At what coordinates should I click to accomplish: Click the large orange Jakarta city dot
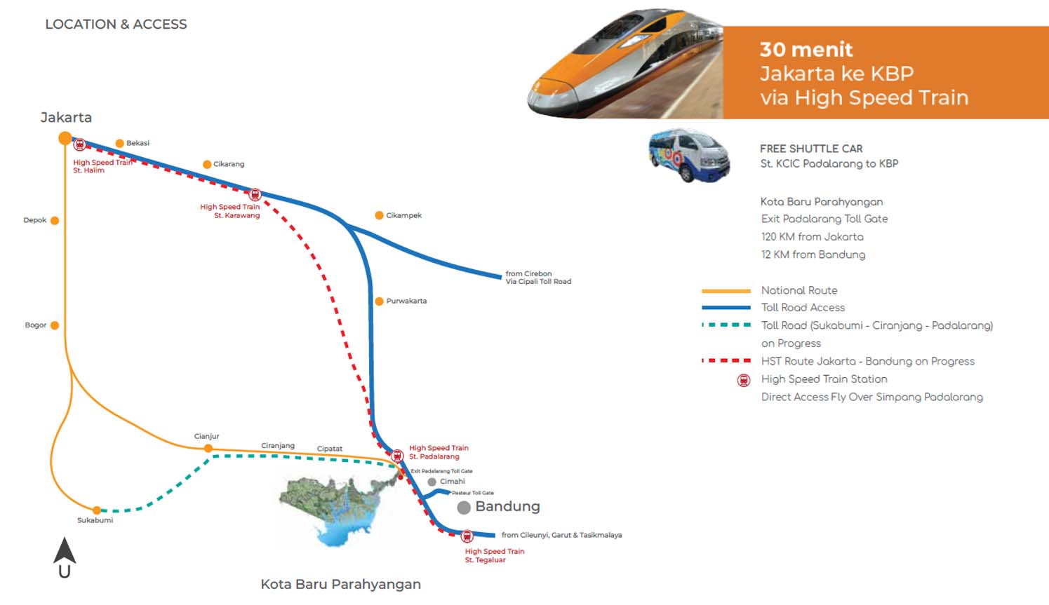coord(65,138)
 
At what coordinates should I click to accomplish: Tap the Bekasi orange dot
coord(119,143)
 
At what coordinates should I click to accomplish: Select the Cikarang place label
coord(229,164)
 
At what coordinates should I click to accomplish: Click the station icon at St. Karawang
coord(255,194)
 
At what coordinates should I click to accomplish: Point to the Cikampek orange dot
coord(379,215)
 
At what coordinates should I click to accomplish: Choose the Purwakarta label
coord(406,301)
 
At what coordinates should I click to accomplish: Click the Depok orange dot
coord(55,220)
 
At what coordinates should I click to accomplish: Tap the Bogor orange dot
coord(55,325)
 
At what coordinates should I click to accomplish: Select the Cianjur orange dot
coord(208,448)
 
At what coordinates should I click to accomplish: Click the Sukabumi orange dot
coord(97,510)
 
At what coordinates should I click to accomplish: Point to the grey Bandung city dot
coord(464,508)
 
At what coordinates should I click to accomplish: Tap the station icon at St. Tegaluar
coord(467,536)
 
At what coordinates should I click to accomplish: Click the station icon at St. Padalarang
coord(397,456)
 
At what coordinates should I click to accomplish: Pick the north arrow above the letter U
coord(65,550)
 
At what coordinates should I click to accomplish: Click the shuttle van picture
coord(688,155)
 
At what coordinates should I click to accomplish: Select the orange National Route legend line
coord(726,290)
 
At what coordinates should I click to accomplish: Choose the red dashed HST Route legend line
coord(726,361)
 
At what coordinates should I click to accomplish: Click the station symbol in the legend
coord(744,380)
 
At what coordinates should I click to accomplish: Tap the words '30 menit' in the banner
coord(806,50)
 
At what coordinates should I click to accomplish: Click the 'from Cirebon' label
coord(528,273)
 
